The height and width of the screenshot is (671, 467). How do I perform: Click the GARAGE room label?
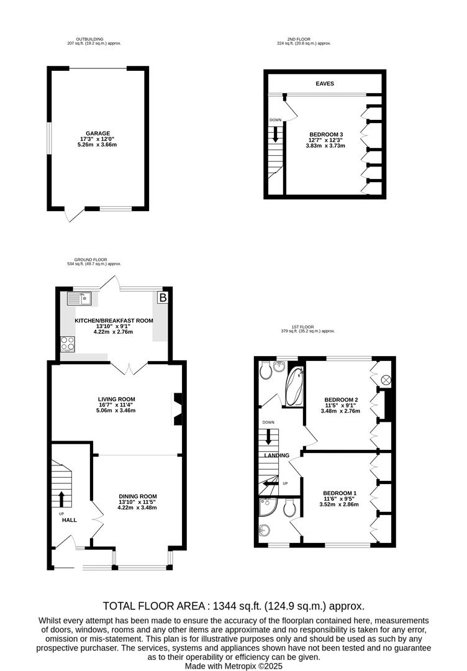pos(98,134)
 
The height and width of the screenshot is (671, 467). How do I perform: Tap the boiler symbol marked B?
pos(163,298)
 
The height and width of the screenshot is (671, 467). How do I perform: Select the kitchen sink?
pos(79,298)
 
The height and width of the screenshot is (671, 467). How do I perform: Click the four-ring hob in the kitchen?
pos(68,344)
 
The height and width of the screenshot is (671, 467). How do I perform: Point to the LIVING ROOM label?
pos(116,399)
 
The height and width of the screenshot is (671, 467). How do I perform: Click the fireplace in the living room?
pos(177,409)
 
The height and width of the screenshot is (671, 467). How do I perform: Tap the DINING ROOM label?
pos(138,496)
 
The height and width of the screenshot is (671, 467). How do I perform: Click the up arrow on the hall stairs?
pos(61,499)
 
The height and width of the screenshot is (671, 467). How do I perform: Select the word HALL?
pos(70,520)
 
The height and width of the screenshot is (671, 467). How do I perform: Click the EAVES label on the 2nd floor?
pos(325,83)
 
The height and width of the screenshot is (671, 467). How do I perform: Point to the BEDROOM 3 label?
pos(326,134)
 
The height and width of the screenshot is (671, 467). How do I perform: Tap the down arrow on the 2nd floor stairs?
pos(275,134)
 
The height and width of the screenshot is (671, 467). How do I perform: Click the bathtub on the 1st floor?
pos(294,386)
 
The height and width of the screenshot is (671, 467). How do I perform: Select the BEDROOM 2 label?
pos(342,399)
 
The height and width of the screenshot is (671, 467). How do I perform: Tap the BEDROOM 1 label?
pos(340,493)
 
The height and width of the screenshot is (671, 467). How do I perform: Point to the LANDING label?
pos(277,455)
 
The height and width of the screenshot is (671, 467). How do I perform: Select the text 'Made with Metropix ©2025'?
pos(233,666)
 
